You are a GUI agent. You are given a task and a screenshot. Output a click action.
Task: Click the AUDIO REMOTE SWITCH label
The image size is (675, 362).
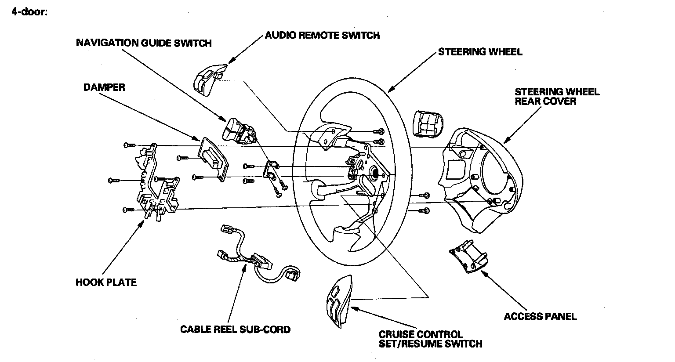point(322,35)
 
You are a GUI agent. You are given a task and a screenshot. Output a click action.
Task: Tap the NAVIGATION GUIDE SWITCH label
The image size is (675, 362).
point(144,43)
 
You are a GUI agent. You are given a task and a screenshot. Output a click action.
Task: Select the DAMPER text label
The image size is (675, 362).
point(105,87)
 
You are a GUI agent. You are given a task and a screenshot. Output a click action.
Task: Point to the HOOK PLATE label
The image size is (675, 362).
point(106,282)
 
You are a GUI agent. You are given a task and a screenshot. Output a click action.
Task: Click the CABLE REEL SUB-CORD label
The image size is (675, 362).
point(236,329)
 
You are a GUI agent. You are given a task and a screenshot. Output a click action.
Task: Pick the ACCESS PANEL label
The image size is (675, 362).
point(540,316)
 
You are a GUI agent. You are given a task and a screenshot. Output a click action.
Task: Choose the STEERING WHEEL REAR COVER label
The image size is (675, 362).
point(557,96)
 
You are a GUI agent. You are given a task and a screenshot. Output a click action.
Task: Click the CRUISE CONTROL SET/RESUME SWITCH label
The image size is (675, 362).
point(430,339)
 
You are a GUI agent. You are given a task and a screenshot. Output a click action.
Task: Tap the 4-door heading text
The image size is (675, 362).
point(29,11)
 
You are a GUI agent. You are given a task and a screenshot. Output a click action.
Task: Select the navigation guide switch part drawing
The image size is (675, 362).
point(239,130)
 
